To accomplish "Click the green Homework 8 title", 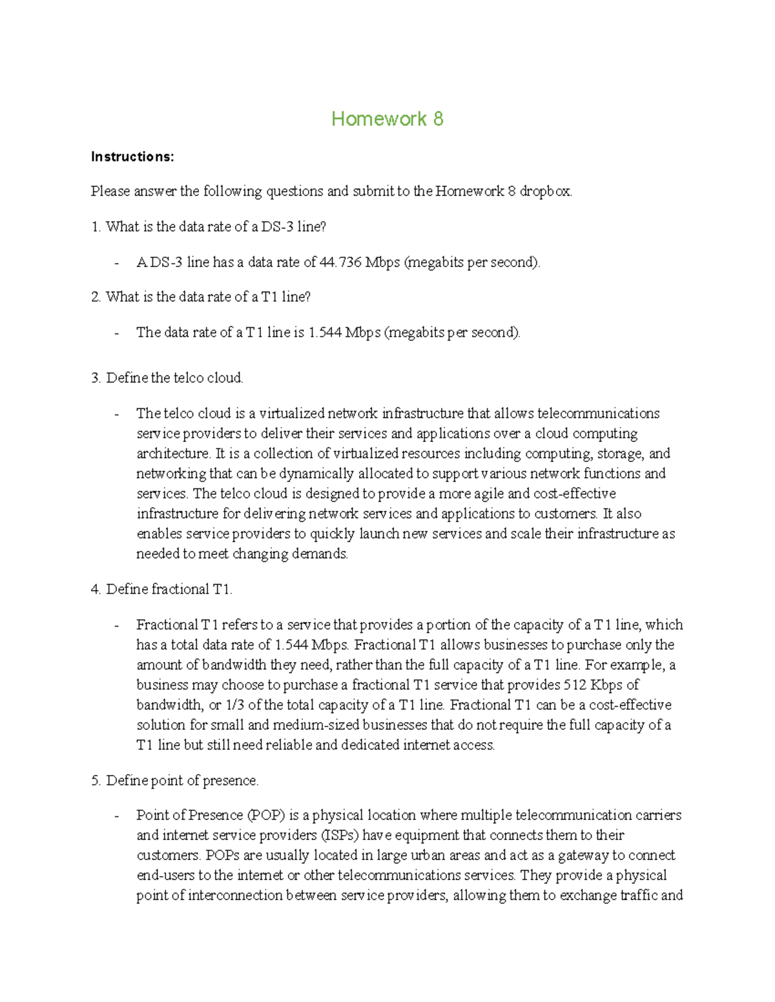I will (387, 119).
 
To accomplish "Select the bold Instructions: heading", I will (132, 157).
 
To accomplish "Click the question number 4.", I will (95, 589).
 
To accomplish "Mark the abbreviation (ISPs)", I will (340, 835).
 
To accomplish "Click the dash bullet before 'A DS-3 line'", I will (116, 263).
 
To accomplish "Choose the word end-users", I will (165, 875).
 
